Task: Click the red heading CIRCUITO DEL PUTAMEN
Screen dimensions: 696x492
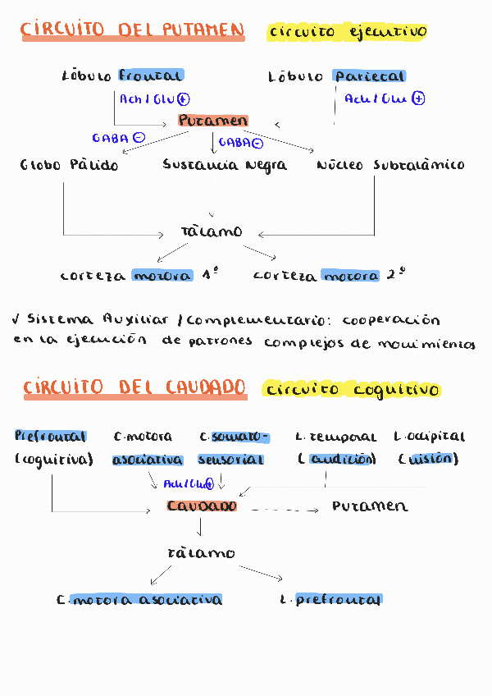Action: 132,31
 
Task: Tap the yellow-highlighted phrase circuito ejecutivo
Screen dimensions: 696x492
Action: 347,32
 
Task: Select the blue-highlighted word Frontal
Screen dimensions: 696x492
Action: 151,76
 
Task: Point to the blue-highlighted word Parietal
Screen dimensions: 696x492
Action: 369,76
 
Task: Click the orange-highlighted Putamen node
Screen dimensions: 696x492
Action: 212,121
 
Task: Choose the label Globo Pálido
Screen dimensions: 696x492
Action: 70,165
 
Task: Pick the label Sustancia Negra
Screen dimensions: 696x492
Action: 225,165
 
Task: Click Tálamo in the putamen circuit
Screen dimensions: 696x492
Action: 212,231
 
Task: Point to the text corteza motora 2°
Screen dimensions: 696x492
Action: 329,276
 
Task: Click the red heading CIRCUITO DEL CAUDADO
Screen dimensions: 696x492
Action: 134,387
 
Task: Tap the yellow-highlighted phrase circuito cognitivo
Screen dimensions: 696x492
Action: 353,389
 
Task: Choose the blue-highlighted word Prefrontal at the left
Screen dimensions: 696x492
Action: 51,437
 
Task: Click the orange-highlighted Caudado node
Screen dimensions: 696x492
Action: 202,506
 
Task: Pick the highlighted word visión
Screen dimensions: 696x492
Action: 429,460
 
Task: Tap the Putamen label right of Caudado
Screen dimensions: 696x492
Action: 370,506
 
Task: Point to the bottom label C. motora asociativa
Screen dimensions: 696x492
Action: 140,600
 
